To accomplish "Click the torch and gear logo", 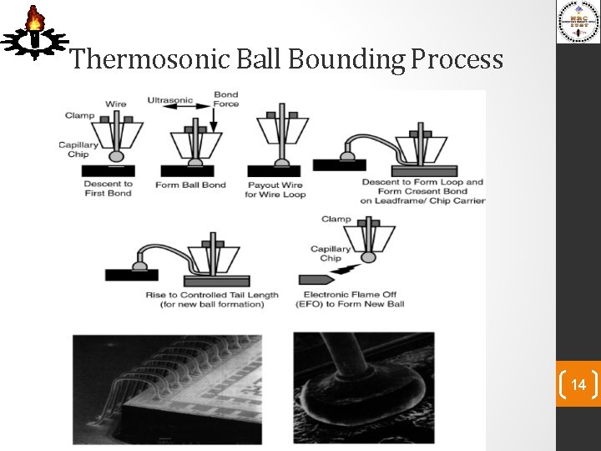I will point(33,33).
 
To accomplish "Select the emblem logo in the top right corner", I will point(578,22).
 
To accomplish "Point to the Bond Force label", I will point(225,99).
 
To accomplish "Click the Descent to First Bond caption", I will point(109,189).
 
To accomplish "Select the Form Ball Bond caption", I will point(190,185).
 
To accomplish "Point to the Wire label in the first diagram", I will point(116,104).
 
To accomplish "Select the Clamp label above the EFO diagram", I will point(336,219).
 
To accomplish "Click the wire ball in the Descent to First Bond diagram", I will point(117,155).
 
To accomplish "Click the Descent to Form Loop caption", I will point(422,191).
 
